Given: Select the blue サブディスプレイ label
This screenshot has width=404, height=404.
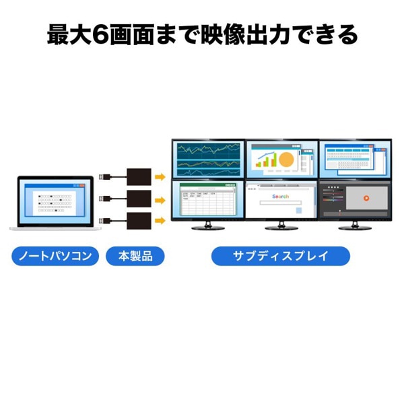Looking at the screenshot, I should click(281, 257).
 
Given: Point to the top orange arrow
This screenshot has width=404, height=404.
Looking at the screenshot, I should click(160, 177).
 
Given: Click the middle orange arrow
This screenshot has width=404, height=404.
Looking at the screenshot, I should click(160, 199).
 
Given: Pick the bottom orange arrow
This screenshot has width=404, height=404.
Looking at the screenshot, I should click(160, 220).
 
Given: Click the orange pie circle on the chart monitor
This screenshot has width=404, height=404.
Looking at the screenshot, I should click(286, 160).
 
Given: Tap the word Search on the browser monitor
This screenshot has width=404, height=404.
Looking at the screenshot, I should click(280, 196).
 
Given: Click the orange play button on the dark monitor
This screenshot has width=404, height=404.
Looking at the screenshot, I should click(366, 198).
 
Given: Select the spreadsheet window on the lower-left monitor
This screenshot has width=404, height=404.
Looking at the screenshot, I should click(207, 200).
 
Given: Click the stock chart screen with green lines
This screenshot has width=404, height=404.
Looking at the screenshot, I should click(207, 160).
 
